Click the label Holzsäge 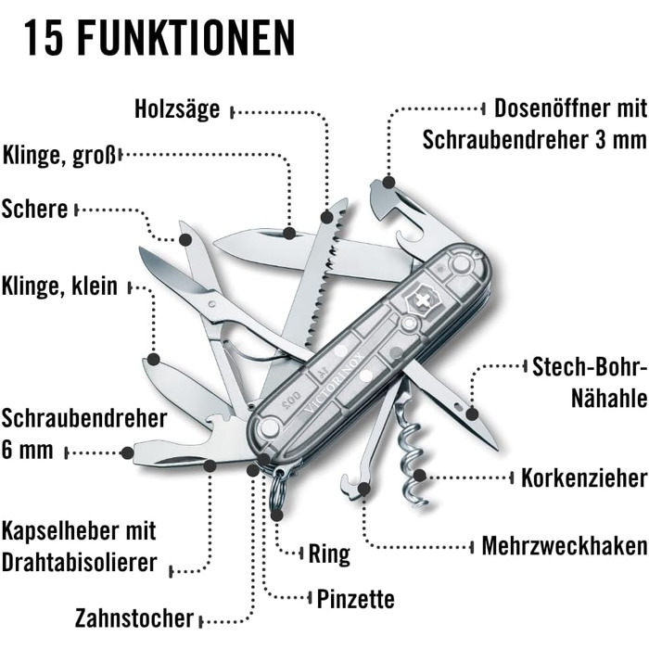tap(177, 109)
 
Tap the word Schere tap(35, 209)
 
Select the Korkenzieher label tap(584, 478)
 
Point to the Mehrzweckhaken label tap(565, 545)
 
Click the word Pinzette tap(355, 599)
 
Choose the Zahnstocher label tap(134, 618)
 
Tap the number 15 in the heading tap(43, 38)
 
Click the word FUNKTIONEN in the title tap(186, 38)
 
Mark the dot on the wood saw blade tap(327, 216)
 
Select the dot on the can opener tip tap(388, 182)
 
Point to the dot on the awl tap(472, 414)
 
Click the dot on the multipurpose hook tap(363, 490)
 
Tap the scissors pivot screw tap(212, 304)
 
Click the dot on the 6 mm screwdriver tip tap(127, 452)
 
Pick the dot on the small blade tap(154, 359)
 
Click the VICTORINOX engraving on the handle tap(336, 383)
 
